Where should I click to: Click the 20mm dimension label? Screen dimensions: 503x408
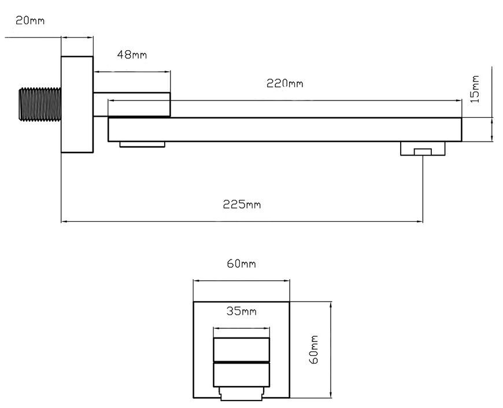(30, 21)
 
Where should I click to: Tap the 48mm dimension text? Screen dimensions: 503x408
(132, 55)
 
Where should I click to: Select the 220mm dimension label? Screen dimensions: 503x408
(285, 83)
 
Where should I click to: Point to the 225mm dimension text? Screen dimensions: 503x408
(242, 205)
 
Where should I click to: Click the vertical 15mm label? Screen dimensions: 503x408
(475, 89)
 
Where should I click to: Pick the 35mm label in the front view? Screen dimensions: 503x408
(242, 311)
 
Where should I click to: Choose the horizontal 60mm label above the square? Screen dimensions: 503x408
(242, 264)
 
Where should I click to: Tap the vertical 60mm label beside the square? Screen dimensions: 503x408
(313, 350)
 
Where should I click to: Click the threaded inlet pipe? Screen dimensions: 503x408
(40, 104)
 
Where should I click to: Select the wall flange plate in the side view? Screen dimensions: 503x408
(77, 105)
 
